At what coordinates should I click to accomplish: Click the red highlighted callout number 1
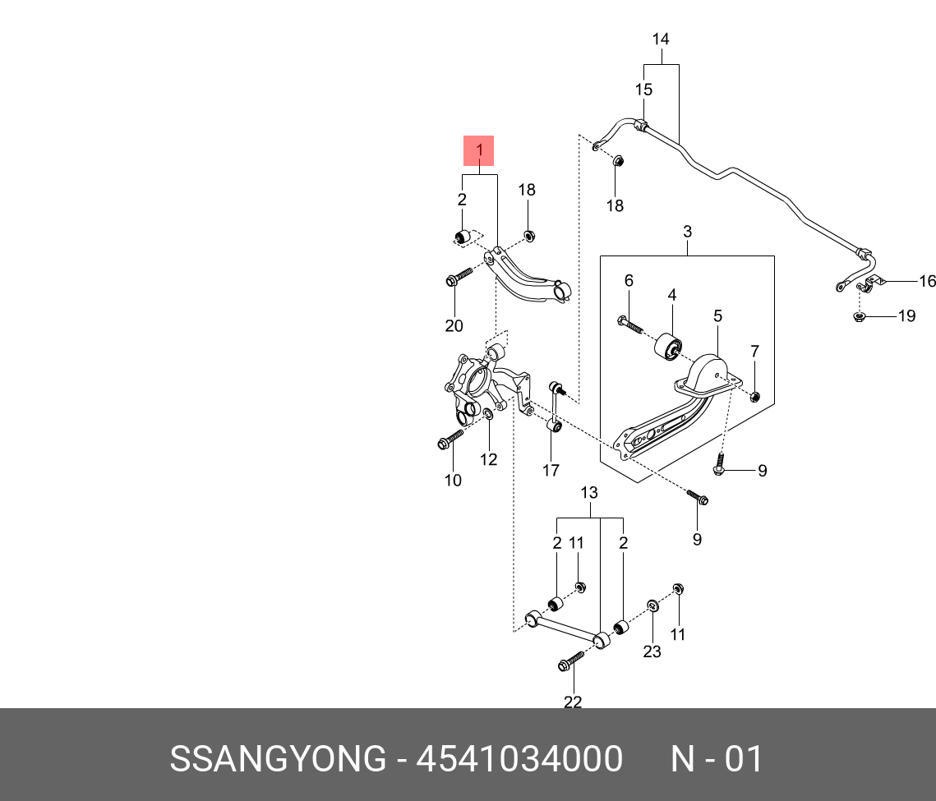(479, 151)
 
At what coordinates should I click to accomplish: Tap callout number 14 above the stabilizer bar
(661, 39)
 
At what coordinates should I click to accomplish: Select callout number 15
(643, 89)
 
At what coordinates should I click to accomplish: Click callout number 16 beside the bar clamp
(927, 282)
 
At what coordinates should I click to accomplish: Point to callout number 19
(906, 315)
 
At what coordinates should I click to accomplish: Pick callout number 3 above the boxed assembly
(687, 232)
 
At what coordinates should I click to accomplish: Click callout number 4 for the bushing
(671, 294)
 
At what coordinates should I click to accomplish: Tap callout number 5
(717, 315)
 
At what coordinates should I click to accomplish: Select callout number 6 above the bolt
(629, 281)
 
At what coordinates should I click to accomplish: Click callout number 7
(754, 352)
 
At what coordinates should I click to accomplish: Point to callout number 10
(453, 481)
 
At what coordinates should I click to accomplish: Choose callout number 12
(489, 459)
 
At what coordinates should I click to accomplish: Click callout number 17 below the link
(551, 470)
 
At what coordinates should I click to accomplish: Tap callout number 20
(454, 325)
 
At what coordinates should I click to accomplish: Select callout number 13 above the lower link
(589, 493)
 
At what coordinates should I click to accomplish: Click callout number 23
(652, 651)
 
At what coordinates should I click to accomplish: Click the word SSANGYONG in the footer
(277, 759)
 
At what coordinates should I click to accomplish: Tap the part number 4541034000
(519, 759)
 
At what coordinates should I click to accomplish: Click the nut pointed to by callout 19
(860, 316)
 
